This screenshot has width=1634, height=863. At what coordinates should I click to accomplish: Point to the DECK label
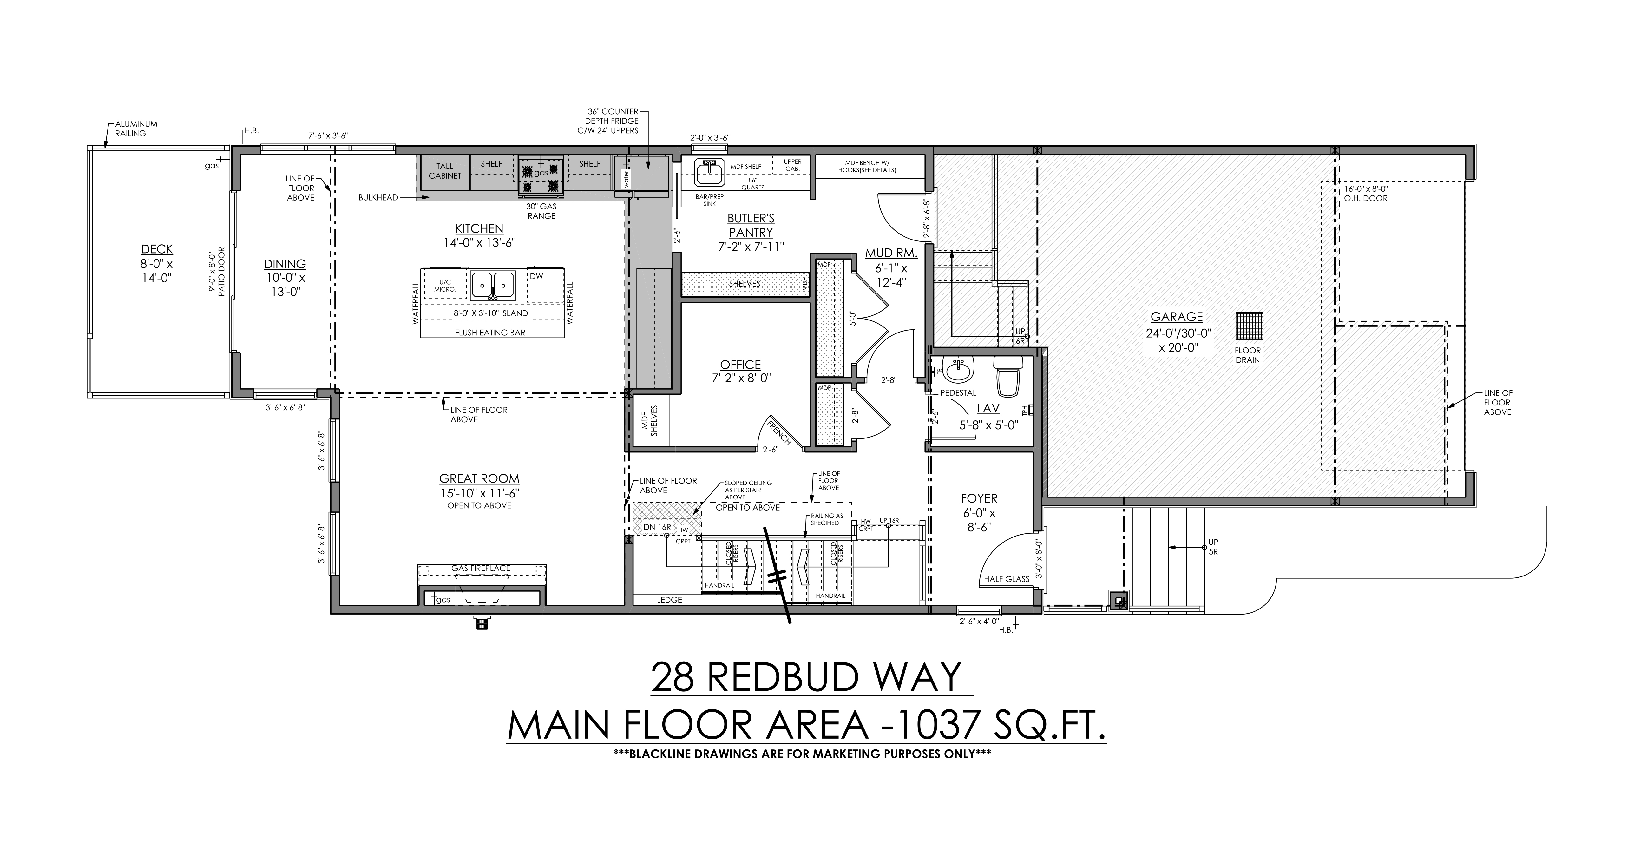pyautogui.click(x=157, y=249)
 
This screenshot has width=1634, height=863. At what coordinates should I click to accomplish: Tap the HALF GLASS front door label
pyautogui.click(x=1006, y=579)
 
